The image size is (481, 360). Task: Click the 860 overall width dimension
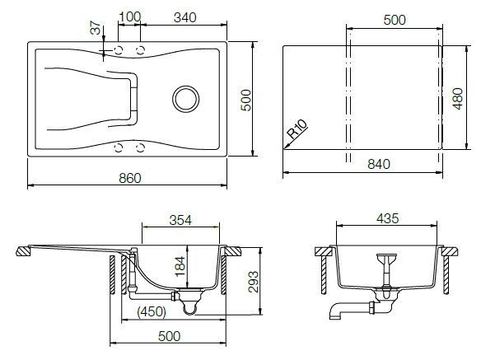130,178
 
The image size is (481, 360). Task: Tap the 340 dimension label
185,17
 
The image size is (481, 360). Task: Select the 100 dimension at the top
130,16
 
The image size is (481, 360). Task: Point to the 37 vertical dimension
96,28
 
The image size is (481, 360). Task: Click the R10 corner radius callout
297,129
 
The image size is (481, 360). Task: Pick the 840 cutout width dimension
379,164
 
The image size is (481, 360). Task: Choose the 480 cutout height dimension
458,99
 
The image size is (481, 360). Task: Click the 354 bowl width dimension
180,220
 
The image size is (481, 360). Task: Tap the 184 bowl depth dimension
180,266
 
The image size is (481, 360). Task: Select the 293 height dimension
254,282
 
